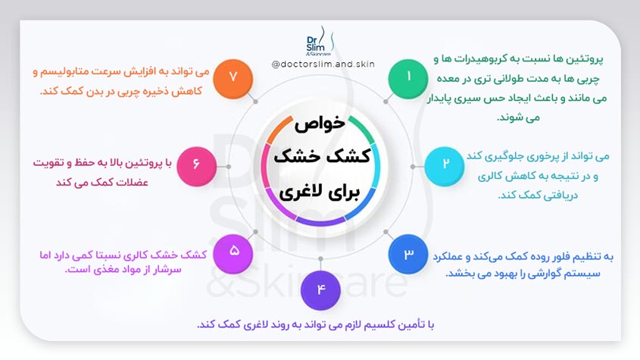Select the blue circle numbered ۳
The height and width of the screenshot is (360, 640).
pyautogui.click(x=409, y=254)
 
